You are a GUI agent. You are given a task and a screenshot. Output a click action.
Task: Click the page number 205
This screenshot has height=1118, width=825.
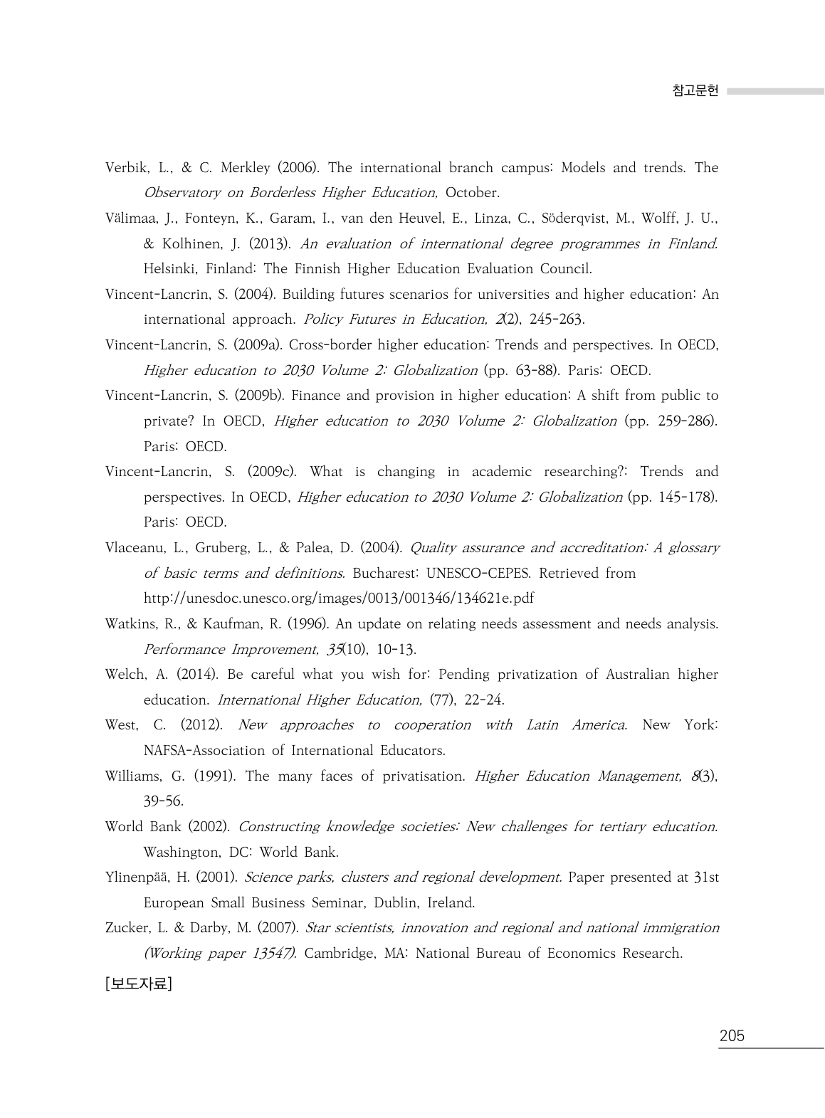click(x=731, y=1035)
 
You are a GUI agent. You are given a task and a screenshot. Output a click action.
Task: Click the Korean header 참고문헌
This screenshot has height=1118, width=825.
click(x=695, y=91)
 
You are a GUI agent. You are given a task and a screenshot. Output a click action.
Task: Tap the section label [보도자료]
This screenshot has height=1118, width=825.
click(x=138, y=983)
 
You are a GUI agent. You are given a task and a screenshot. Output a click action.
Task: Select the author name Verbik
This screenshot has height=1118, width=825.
click(x=125, y=168)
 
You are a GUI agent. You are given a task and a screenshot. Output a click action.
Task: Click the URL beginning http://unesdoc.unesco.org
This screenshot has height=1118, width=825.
click(x=338, y=598)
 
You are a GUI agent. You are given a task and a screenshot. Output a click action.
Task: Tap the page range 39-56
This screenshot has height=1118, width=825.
click(x=163, y=801)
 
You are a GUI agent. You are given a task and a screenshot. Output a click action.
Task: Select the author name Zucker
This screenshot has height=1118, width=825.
click(x=125, y=928)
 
